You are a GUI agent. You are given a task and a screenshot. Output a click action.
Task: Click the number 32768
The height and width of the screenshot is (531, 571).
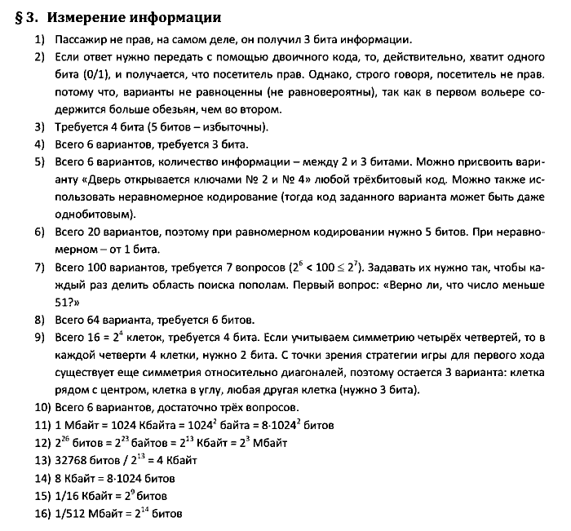click(73, 460)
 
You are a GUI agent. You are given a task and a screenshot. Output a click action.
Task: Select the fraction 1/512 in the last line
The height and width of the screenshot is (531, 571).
click(71, 514)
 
